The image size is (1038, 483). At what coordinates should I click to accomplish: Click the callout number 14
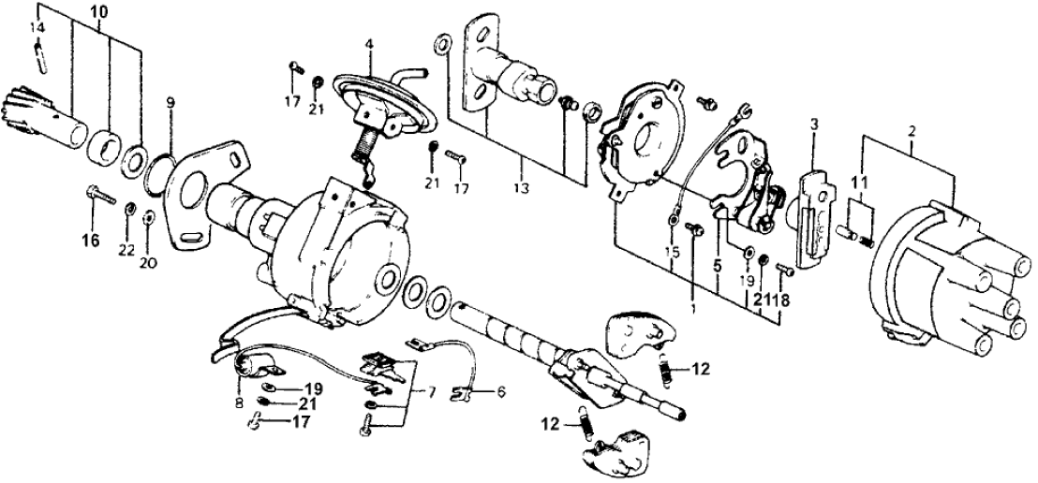tap(37, 28)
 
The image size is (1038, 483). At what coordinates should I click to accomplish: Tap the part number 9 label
tap(171, 101)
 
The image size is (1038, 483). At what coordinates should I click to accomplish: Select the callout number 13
tap(521, 187)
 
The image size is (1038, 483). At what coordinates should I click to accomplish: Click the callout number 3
tap(814, 123)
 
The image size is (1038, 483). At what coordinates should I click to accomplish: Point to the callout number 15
tap(671, 252)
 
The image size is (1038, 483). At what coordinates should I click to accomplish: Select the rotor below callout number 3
tap(812, 217)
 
